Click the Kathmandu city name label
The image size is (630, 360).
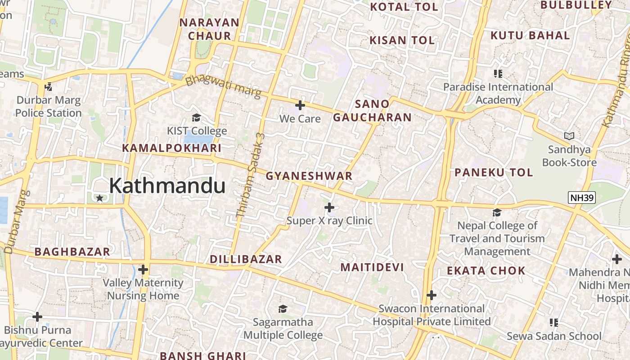coord(167,186)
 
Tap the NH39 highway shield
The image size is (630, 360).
coord(582,198)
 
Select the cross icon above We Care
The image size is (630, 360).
coord(300,106)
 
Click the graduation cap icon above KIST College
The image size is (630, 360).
coord(197,118)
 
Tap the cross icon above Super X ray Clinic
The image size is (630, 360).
coord(329,207)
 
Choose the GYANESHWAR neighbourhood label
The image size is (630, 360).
coord(309,176)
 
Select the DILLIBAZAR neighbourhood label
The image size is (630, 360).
coord(246,259)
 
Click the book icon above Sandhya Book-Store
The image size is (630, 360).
coord(569,136)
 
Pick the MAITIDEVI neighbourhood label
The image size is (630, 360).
coord(372,267)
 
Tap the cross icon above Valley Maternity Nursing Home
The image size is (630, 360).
coord(143,270)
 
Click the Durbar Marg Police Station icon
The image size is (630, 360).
coord(49,87)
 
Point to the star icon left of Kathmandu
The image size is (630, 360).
coord(99,198)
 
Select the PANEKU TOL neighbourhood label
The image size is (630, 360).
coord(494,172)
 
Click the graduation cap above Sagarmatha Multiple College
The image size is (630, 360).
coord(283,309)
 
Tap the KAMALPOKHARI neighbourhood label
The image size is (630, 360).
coord(171,148)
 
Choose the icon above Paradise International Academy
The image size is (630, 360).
coord(498,73)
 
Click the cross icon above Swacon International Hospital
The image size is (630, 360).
coord(432,295)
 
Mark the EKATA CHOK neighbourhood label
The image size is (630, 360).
coord(486,271)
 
